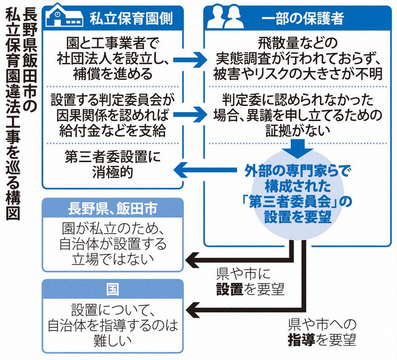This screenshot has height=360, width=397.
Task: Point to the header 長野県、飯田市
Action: [113, 209]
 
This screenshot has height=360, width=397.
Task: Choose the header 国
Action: [113, 289]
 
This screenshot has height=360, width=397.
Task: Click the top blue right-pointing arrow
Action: [192, 60]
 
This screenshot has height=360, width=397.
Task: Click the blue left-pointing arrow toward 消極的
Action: [192, 171]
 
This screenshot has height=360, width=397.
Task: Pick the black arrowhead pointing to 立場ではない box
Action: [192, 258]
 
